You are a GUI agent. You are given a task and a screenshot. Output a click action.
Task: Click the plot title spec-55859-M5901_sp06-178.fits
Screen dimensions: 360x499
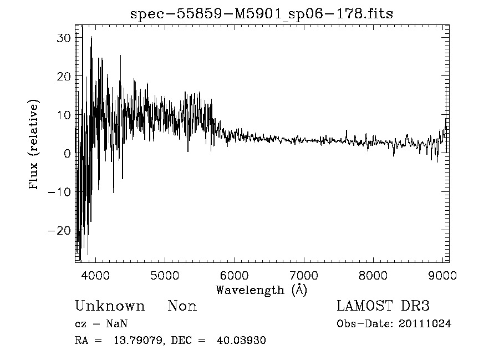262,14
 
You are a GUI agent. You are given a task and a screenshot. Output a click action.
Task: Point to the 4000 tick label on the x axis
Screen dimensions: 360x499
96,275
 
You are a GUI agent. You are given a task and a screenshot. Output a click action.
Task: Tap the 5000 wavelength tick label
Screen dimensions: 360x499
165,275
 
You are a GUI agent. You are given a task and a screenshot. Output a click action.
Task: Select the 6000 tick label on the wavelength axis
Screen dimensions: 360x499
235,275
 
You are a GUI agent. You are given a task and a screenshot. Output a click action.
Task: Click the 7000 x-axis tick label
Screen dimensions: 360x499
304,275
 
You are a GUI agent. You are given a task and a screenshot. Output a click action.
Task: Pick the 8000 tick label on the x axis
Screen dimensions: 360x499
373,275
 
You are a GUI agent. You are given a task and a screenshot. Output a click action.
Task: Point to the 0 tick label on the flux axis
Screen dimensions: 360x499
67,153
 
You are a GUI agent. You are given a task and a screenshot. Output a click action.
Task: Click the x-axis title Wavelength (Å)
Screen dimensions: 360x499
261,290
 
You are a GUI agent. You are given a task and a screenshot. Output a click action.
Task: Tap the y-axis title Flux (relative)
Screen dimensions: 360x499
34,145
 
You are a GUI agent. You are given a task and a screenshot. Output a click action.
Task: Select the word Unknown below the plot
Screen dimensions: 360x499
110,306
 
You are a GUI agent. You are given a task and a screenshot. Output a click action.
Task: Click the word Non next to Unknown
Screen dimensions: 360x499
182,306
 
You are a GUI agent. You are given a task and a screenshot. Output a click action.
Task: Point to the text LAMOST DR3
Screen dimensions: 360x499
383,306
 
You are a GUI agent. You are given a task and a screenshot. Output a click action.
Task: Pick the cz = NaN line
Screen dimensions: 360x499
102,324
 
